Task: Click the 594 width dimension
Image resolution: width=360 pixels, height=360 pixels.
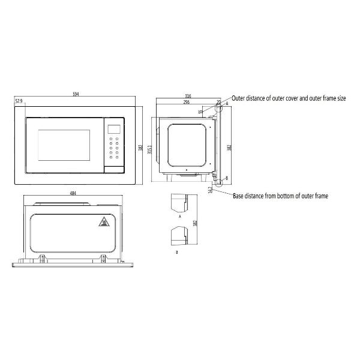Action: pos(76,94)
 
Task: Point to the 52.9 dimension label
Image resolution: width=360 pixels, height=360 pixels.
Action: pos(19,101)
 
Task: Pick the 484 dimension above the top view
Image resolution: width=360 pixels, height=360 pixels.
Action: pos(73,194)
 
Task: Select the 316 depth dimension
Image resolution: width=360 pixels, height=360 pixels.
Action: pos(188,95)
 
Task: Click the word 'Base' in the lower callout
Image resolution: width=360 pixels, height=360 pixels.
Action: pos(239,196)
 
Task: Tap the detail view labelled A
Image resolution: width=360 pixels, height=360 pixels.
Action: pos(180,202)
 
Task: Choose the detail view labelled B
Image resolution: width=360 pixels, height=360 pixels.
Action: pos(180,235)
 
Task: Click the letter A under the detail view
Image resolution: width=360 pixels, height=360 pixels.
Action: pos(179,215)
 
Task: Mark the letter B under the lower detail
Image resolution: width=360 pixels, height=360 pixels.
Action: pos(176,253)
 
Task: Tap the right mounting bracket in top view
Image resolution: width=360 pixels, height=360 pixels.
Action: pos(104,258)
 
